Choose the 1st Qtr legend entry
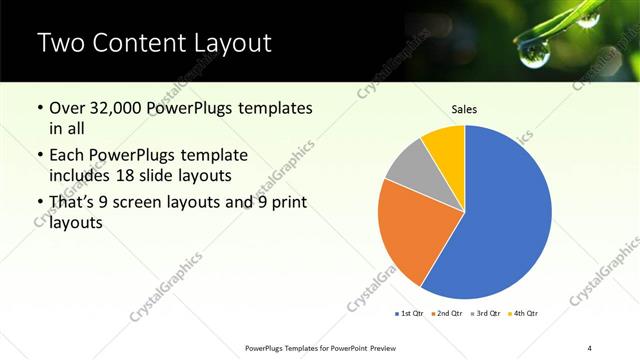(x=410, y=314)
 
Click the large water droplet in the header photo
(x=587, y=18)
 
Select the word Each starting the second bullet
(x=70, y=156)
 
